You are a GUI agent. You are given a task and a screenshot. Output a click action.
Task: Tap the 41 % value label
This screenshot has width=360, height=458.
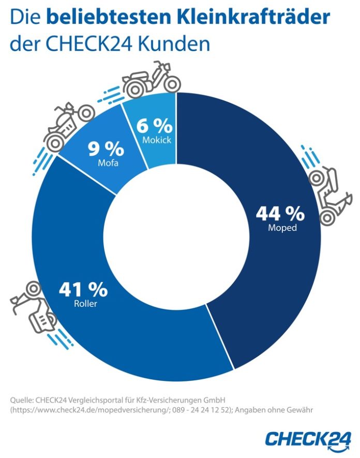point(83,290)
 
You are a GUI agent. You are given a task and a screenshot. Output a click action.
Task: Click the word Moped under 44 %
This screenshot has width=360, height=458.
point(282,228)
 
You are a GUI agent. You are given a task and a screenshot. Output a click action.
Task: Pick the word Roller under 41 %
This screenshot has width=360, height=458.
point(85,304)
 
